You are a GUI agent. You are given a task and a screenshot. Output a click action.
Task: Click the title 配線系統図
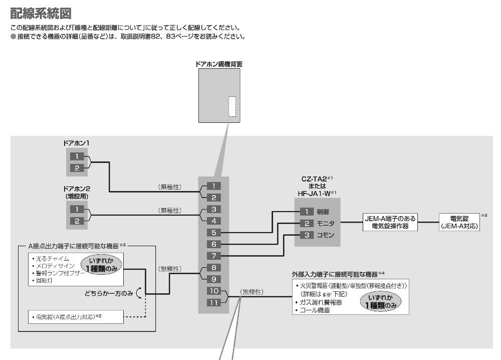point(41,14)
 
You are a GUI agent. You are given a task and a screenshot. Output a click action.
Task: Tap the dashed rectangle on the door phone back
point(232,106)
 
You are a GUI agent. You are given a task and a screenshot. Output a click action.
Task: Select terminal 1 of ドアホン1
point(77,156)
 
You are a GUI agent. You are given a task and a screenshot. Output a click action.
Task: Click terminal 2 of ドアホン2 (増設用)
point(77,221)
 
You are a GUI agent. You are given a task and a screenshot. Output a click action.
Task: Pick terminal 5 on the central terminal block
point(214,233)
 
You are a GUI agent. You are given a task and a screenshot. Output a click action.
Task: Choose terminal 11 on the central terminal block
point(214,302)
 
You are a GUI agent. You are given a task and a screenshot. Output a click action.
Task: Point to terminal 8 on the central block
point(214,268)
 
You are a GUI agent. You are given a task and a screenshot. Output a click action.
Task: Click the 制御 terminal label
point(323,212)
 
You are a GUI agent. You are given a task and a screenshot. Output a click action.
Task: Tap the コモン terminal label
point(325,235)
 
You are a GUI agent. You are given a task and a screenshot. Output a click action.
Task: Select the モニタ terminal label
point(325,224)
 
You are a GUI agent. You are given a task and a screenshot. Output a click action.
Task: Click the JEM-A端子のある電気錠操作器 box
point(390,222)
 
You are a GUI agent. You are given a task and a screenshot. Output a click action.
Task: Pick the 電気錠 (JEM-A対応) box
point(459,222)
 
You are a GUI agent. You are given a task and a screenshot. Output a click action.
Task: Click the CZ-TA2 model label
point(314,179)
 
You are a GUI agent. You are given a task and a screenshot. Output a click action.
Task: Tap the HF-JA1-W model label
point(314,194)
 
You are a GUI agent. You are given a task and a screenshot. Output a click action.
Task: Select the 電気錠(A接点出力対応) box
point(76,317)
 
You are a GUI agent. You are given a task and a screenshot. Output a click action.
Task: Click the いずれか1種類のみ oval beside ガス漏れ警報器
point(380,301)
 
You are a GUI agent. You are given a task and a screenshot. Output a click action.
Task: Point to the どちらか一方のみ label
point(109,293)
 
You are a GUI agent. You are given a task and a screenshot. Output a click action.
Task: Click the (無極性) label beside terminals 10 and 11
point(252,292)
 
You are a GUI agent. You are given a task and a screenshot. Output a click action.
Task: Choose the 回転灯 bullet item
point(42,280)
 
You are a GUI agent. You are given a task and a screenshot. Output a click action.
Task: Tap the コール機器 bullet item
point(313,310)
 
